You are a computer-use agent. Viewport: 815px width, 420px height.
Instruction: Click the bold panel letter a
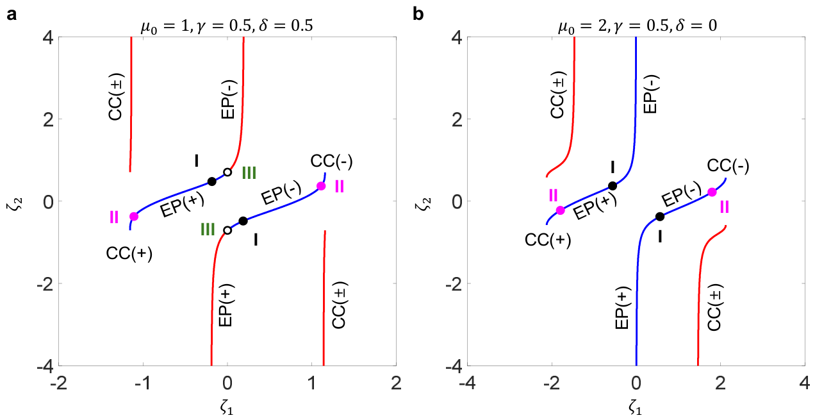[12, 15]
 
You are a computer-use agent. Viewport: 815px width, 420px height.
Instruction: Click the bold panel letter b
[418, 14]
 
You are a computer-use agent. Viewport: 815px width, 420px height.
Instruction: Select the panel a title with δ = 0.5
[227, 26]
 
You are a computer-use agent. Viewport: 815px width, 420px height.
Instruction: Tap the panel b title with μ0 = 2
[638, 26]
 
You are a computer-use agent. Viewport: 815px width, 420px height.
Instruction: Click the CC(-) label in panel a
[331, 162]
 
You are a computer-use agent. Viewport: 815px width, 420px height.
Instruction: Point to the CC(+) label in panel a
[129, 253]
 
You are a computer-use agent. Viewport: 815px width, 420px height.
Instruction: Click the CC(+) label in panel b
[548, 240]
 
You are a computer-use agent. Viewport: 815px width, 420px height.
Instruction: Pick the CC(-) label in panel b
[728, 166]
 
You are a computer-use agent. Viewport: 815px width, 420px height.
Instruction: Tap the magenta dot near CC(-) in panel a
[321, 186]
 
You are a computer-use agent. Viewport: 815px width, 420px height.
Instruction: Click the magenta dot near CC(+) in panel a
[134, 216]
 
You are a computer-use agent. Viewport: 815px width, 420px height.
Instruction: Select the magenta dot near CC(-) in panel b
[712, 192]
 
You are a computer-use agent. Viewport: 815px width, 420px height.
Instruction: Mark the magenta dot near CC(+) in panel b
[560, 210]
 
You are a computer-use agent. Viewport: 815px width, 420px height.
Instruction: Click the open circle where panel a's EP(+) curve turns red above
[227, 172]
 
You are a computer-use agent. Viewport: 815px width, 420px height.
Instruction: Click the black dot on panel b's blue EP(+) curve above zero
[613, 186]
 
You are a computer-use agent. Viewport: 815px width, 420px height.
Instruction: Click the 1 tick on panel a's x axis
[312, 383]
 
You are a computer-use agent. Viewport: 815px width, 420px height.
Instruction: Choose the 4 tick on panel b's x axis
[805, 383]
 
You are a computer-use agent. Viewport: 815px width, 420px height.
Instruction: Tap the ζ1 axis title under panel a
[227, 408]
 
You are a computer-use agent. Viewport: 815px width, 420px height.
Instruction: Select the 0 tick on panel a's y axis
[49, 201]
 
